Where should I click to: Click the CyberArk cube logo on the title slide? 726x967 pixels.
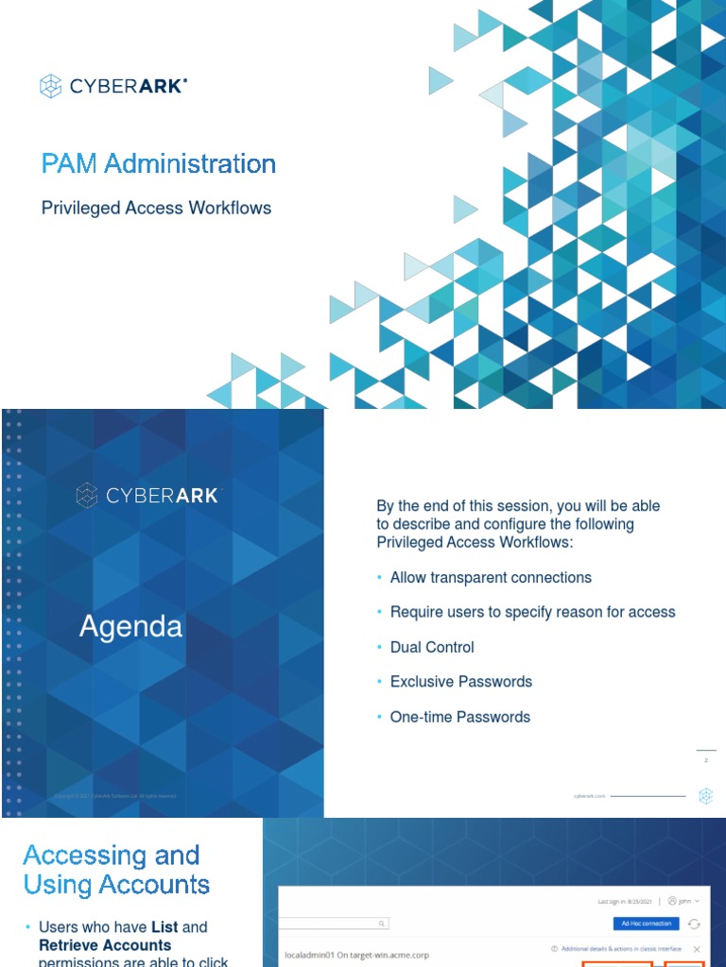coord(50,87)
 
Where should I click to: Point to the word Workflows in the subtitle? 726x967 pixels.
coord(230,208)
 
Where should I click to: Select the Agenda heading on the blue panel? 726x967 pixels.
coord(131,627)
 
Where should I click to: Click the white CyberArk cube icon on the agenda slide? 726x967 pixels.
coord(87,495)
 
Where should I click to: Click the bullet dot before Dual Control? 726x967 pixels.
coord(380,648)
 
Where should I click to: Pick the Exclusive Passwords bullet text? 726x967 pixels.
coord(461,682)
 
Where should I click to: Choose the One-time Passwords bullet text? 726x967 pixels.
coord(460,717)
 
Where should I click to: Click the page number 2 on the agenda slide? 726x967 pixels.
coord(706,760)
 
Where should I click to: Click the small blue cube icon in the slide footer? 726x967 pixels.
coord(705,796)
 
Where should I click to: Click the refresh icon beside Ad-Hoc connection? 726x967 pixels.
coord(694,924)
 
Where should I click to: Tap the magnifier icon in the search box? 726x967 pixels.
coord(381,924)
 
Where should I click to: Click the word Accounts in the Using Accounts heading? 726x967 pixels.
coord(153,885)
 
